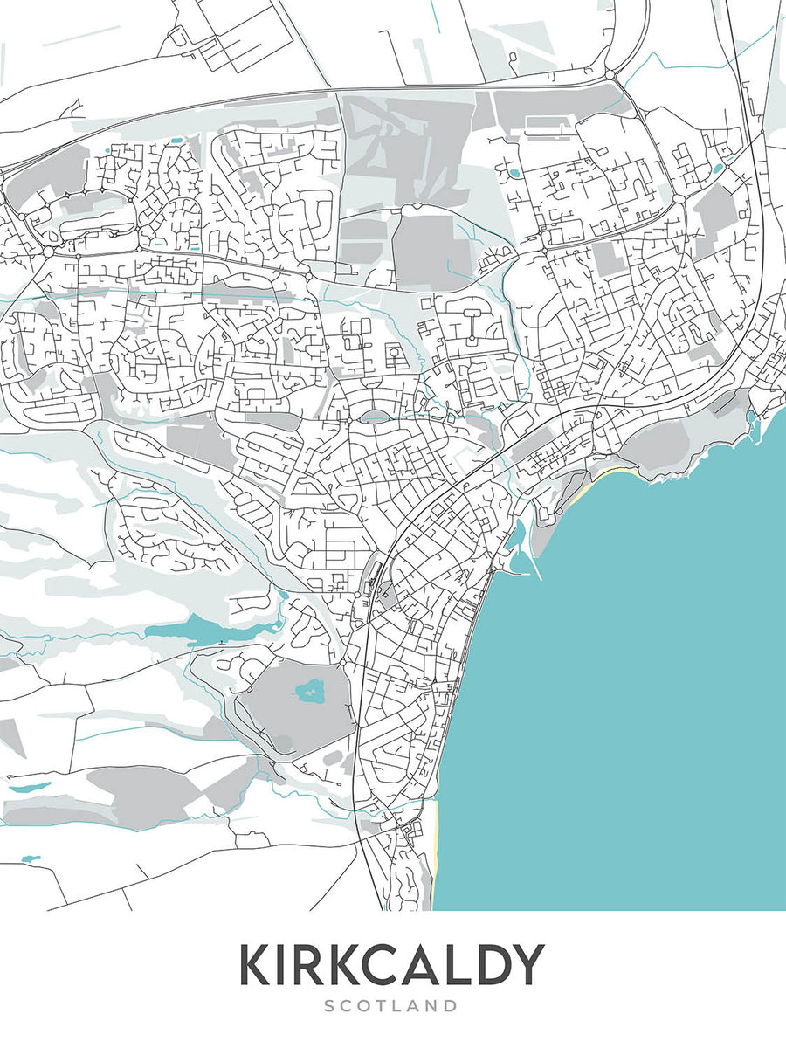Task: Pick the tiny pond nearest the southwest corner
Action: [31, 859]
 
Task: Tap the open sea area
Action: [629, 699]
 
